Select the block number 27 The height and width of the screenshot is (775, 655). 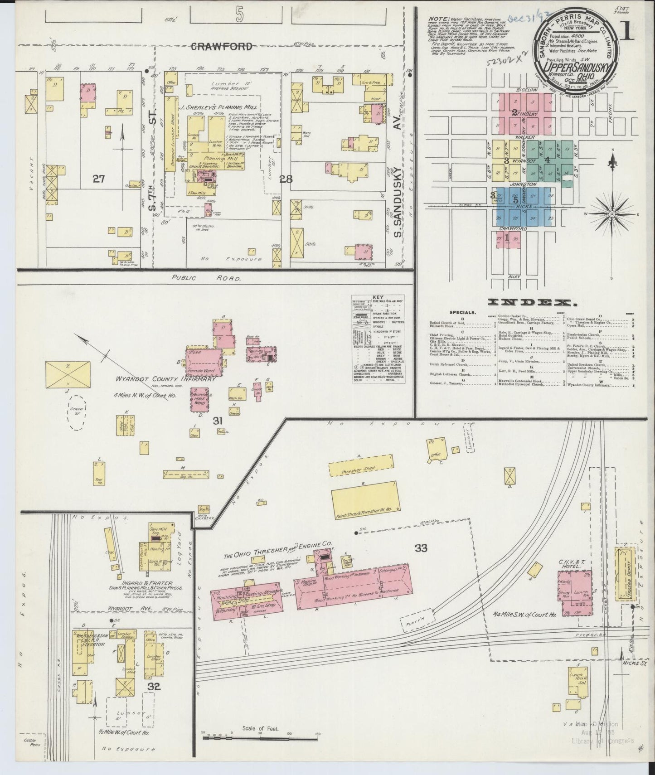click(x=98, y=179)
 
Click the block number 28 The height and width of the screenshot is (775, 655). click(x=286, y=179)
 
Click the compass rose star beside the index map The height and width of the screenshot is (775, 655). click(x=611, y=213)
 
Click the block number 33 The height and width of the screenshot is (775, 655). click(x=421, y=548)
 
